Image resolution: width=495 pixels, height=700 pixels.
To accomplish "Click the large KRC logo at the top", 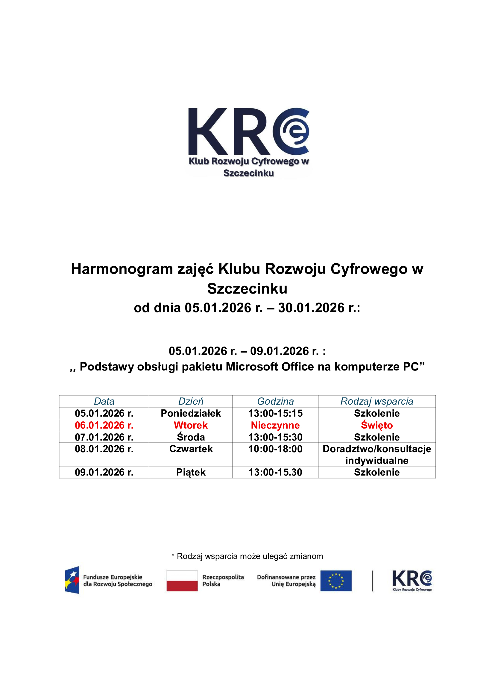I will point(248,142).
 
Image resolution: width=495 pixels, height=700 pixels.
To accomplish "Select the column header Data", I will point(104,401).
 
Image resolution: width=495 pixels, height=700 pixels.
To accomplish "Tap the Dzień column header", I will point(191,401).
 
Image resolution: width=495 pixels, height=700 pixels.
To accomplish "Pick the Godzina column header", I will point(275,401).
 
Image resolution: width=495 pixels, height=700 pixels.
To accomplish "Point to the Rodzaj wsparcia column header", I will point(377,401).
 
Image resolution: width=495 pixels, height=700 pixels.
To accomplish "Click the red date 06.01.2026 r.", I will point(104,425).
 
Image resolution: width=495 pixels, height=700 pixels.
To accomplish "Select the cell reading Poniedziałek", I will point(191,413).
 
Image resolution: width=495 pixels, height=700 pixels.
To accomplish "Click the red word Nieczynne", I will point(275,425).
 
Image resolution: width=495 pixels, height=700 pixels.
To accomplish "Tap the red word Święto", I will point(377,425).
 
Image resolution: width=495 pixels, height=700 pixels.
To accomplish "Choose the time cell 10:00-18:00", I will point(275,449).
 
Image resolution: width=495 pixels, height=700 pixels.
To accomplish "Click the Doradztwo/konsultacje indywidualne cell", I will point(377,455).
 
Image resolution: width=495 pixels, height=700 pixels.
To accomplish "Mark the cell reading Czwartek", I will point(191,449).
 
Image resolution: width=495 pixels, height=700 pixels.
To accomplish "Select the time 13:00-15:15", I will point(275,413).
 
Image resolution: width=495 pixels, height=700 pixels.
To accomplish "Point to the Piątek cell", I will point(191,472).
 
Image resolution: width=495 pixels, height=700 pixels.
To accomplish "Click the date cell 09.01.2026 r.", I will point(104,472).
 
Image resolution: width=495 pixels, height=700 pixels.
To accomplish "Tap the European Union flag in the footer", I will point(335,581).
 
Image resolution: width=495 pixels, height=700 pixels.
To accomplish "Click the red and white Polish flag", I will point(182,581).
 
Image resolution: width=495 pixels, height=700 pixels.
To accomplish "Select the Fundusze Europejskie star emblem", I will point(72,580).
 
